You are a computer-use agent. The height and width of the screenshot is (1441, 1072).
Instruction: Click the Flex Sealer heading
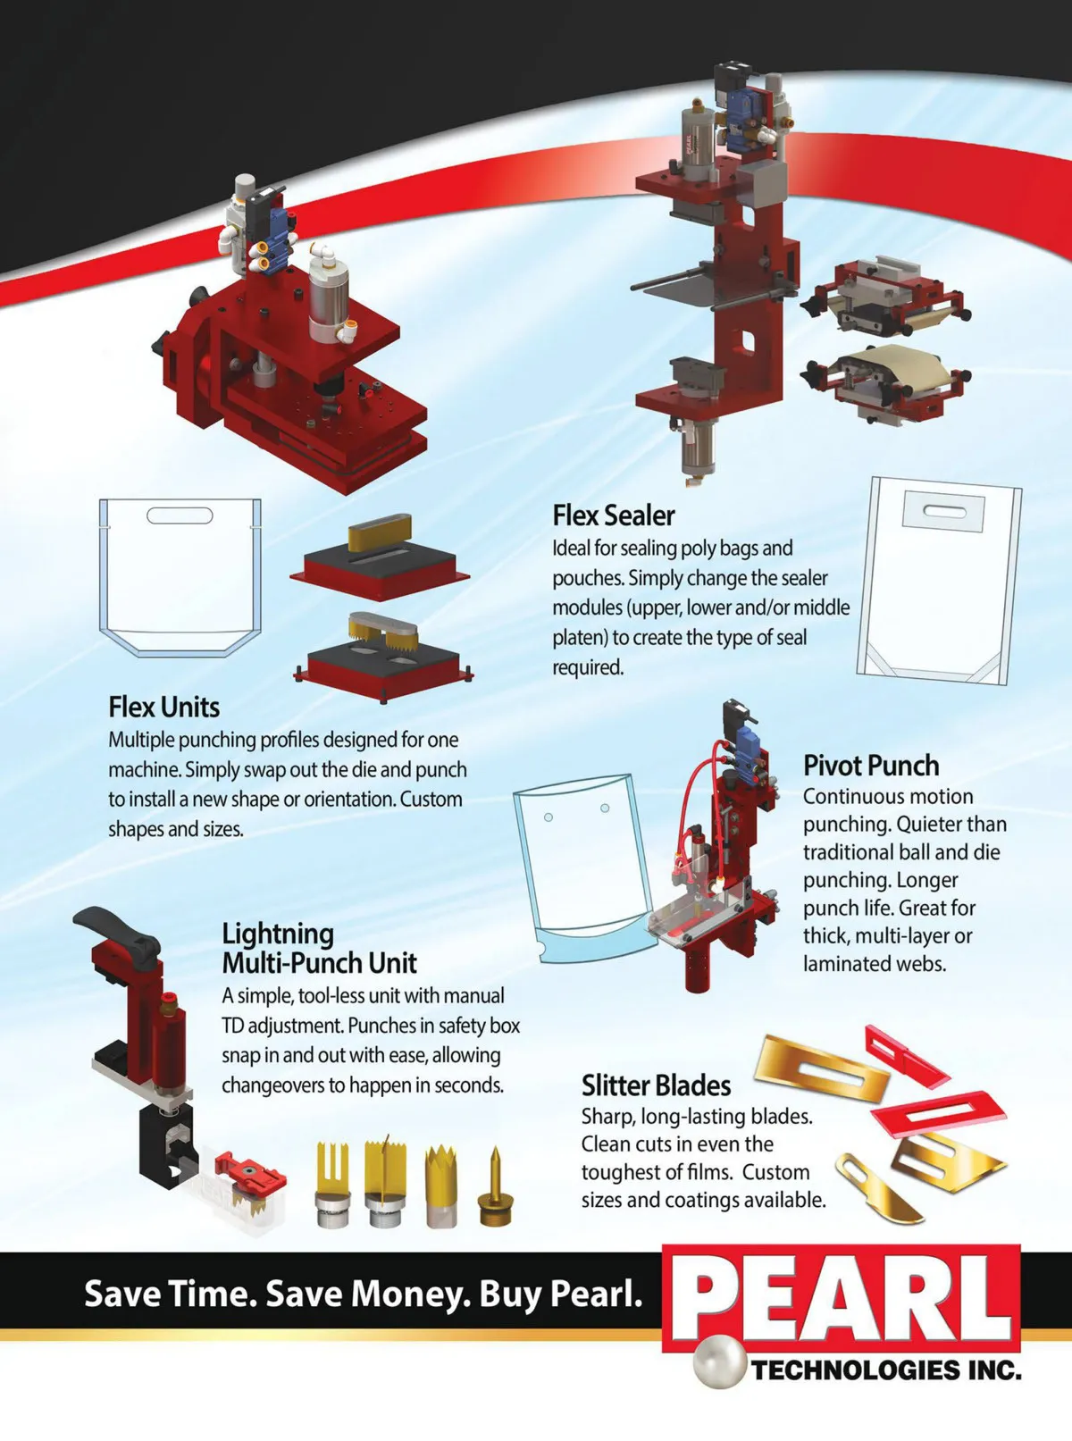coord(614,515)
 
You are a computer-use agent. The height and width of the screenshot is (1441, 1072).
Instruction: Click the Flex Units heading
coord(163,707)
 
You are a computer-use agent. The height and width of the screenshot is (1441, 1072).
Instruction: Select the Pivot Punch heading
coord(871,766)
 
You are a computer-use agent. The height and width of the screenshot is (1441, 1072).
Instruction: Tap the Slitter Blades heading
coord(656,1085)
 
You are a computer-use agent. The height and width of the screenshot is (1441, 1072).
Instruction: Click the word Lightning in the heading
coord(278,934)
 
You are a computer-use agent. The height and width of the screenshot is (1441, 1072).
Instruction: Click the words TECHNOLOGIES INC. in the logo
coord(886,1370)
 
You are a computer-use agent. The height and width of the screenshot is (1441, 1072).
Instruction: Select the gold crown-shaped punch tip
coord(441,1186)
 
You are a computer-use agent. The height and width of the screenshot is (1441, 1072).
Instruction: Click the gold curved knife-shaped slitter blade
coord(878,1186)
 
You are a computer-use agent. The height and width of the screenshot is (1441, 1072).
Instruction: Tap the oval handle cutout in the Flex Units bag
coord(180,515)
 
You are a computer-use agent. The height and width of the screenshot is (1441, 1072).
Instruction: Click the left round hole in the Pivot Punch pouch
coord(548,817)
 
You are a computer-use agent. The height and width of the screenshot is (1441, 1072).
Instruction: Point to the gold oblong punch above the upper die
coord(380,534)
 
